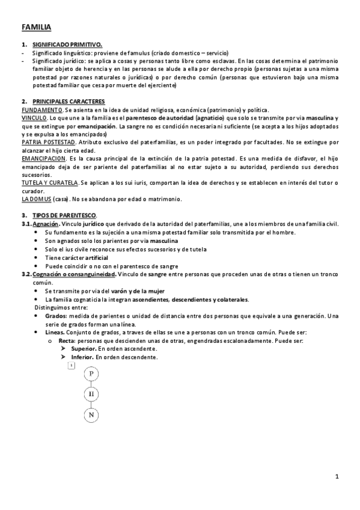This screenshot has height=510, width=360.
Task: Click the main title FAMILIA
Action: [36, 27]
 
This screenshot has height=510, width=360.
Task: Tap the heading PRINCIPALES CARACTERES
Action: [69, 101]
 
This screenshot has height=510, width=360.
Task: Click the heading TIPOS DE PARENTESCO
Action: [64, 215]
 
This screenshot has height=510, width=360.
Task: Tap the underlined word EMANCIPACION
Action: [43, 158]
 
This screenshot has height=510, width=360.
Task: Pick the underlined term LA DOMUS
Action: [36, 199]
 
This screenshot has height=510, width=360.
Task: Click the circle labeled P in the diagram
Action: [91, 373]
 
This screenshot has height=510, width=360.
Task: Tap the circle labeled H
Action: [91, 394]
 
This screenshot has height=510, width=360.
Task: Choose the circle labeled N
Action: [91, 415]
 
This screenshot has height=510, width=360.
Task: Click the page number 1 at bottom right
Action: [338, 477]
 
